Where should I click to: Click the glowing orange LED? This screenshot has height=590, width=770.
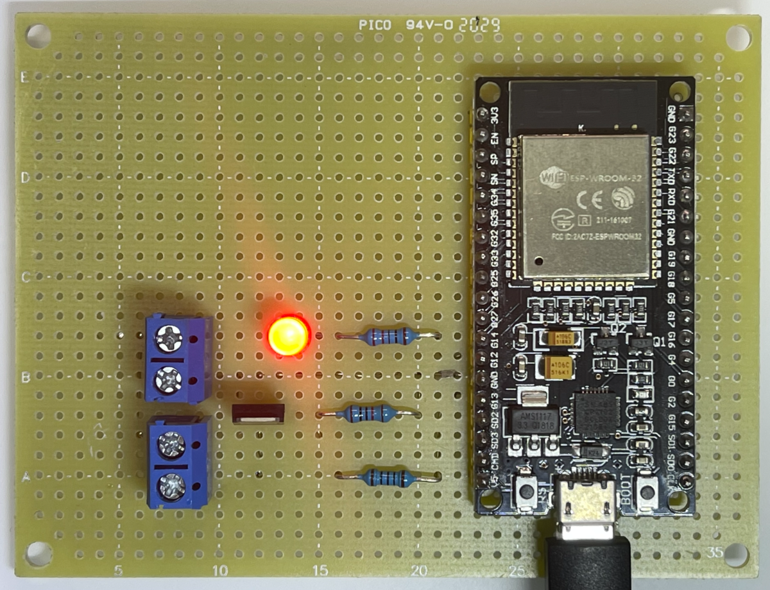[x=288, y=335]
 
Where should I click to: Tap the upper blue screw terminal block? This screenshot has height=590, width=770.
[x=176, y=358]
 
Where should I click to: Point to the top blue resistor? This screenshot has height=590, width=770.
[x=387, y=336]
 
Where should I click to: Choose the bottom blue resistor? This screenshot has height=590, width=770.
[x=387, y=477]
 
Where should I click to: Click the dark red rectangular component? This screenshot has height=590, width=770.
[x=257, y=414]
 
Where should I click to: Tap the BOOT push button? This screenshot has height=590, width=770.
[x=646, y=493]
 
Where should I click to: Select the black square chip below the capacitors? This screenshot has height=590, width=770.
[x=596, y=413]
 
